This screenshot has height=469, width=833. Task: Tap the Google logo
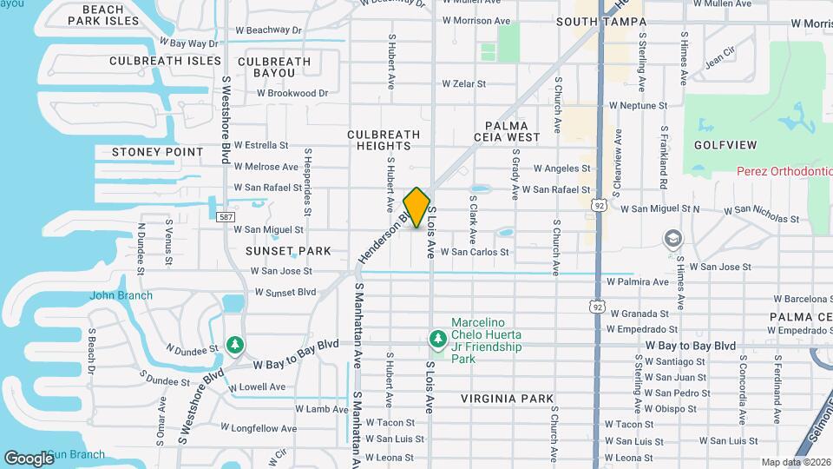29,458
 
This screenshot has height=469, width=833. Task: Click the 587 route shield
226,216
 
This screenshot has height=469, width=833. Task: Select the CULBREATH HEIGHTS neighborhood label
384,141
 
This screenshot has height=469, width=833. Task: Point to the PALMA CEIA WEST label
507,131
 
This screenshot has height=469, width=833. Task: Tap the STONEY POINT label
157,152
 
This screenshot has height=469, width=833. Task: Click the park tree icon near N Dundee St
234,346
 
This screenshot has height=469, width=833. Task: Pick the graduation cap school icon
672,238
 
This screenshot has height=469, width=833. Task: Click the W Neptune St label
638,105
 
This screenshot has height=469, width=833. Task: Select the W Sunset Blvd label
285,292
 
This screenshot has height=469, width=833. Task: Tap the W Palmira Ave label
638,281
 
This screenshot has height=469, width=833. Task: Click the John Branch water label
121,295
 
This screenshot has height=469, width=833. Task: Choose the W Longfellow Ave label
258,428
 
